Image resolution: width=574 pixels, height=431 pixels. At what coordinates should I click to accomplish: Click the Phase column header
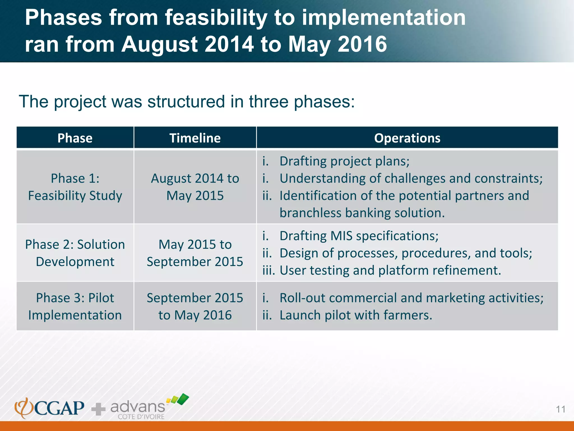click(75, 138)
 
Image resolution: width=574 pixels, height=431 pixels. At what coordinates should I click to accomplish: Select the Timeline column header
click(195, 138)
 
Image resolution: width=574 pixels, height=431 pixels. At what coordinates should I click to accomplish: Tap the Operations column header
click(407, 138)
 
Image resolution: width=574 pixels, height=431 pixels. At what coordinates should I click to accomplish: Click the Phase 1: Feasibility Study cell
click(75, 187)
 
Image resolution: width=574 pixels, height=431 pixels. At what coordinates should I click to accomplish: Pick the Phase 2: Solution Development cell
click(75, 253)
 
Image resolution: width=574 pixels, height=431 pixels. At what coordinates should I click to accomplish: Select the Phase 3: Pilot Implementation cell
click(75, 306)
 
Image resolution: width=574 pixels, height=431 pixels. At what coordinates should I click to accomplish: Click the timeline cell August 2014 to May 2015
click(195, 187)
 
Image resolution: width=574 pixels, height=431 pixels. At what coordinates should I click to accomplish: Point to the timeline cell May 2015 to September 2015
click(195, 253)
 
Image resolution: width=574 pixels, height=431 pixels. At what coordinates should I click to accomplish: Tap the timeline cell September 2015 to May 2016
click(195, 306)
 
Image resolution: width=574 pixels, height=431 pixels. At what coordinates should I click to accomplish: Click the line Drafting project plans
click(344, 161)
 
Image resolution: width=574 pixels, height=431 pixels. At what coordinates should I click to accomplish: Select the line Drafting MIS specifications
click(359, 236)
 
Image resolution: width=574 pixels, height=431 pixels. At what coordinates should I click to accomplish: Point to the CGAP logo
click(49, 408)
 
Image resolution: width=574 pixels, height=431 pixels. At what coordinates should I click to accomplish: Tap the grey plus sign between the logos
click(98, 409)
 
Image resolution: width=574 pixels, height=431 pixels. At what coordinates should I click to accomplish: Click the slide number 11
click(561, 409)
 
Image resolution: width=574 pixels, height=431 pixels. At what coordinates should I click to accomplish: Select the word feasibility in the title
click(216, 18)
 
